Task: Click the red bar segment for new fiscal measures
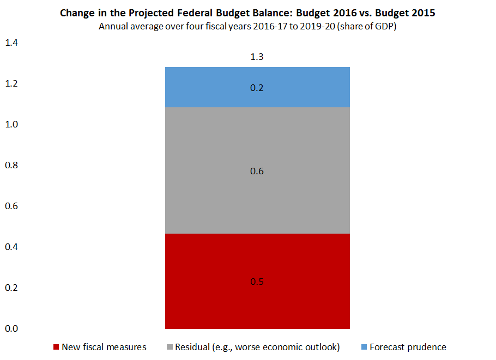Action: click(x=257, y=305)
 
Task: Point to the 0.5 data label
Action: click(x=257, y=282)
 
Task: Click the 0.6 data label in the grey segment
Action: click(x=257, y=171)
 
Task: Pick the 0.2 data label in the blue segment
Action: click(x=257, y=88)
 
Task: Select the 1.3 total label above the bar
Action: click(x=257, y=57)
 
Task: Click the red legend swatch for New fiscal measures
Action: click(x=56, y=347)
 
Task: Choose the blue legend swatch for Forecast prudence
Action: click(x=364, y=347)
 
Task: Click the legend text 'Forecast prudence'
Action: click(x=408, y=347)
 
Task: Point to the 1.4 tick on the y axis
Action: click(x=11, y=42)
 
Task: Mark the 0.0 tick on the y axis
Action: click(x=11, y=328)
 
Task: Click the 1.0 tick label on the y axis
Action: click(x=11, y=124)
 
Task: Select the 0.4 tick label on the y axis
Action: click(x=11, y=247)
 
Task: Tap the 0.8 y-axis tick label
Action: click(x=11, y=165)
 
